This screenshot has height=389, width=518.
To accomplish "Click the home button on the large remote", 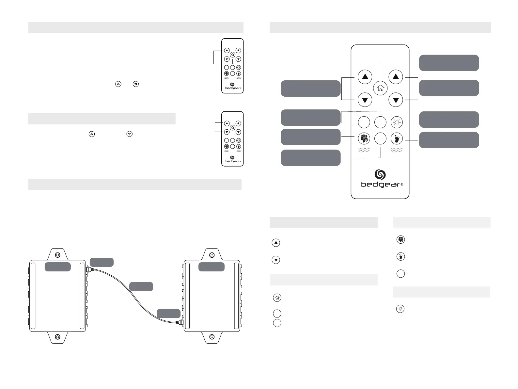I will [x=380, y=88].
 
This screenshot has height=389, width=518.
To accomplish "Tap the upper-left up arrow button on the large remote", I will [x=365, y=77].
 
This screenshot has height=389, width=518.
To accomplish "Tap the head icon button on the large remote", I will [x=364, y=138].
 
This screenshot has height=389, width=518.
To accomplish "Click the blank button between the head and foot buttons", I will [x=380, y=138].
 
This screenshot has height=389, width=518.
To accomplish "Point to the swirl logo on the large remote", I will [x=380, y=174].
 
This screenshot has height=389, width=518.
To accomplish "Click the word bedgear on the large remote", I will [x=380, y=185].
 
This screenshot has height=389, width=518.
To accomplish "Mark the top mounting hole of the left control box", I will [x=57, y=255].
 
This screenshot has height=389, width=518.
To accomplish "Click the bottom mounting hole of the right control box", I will [x=212, y=336].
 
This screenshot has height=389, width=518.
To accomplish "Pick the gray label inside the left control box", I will [x=57, y=267].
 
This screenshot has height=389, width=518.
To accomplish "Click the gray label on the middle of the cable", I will [x=141, y=286].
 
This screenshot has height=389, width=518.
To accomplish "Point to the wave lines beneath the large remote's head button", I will [x=364, y=150].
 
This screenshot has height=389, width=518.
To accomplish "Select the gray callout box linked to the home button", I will [x=449, y=63].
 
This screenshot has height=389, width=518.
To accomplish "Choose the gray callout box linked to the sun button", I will [x=449, y=120].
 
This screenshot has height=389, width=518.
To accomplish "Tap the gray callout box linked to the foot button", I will [x=449, y=140].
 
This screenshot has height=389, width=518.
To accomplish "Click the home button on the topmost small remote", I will [x=232, y=55].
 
